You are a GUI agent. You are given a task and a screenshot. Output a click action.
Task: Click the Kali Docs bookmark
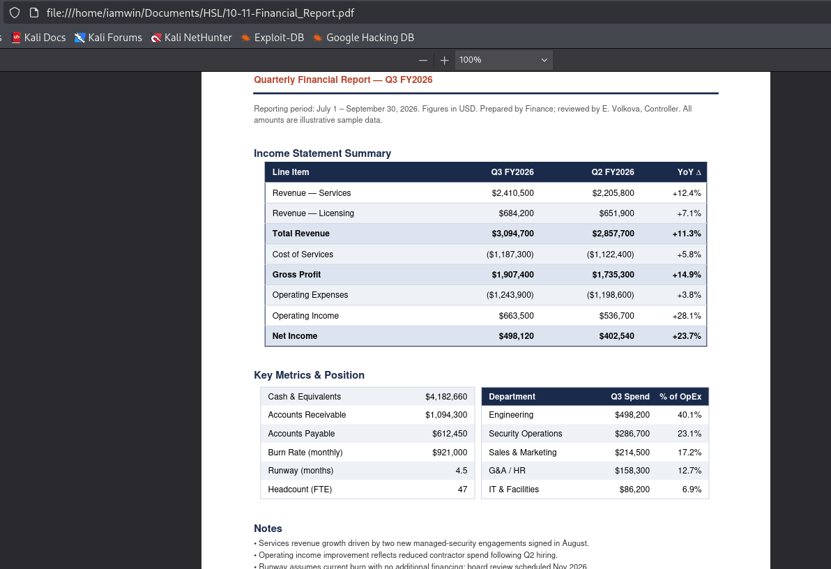click(38, 38)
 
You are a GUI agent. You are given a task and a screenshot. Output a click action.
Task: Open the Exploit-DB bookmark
click(273, 38)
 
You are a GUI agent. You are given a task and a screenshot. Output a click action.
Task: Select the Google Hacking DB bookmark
click(364, 38)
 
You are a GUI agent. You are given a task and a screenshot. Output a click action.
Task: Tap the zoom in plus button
click(444, 61)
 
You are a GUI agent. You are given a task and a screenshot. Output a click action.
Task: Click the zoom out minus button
click(423, 61)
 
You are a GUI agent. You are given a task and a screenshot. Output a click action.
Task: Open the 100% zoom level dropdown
click(503, 60)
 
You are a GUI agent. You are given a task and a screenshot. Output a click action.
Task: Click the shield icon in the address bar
click(15, 13)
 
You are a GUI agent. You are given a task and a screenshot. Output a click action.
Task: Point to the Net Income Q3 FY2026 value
click(516, 336)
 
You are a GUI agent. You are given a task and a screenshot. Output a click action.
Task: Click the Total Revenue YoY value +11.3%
click(686, 234)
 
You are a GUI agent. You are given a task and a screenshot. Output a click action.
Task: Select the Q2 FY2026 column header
click(613, 172)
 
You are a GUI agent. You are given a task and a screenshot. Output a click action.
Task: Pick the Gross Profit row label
click(296, 275)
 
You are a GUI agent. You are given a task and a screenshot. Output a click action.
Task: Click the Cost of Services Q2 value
click(610, 255)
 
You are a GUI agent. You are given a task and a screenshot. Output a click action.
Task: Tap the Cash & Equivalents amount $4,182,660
click(446, 397)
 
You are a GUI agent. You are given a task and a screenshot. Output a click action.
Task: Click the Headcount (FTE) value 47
click(463, 490)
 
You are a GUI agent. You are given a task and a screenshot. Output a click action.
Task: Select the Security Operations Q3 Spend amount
click(632, 434)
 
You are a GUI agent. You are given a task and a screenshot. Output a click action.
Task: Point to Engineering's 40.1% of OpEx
click(689, 415)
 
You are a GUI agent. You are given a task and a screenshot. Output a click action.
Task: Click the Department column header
click(512, 397)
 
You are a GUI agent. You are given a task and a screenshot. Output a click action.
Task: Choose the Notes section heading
click(268, 529)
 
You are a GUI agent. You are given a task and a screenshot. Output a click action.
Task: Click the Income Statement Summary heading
click(322, 153)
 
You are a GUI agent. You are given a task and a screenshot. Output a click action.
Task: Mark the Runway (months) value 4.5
click(461, 471)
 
